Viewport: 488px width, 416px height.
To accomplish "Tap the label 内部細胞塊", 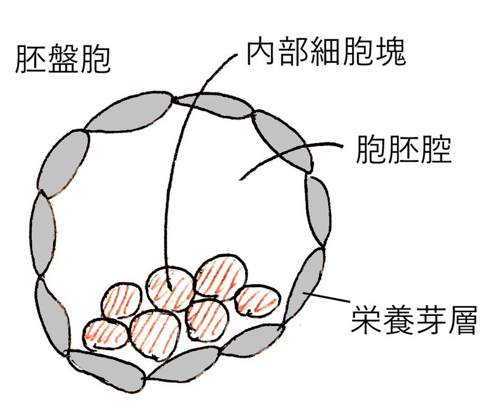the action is click(x=326, y=53).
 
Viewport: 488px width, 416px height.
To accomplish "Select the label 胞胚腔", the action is click(x=404, y=150).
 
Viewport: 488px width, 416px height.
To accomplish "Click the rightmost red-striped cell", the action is click(x=256, y=300).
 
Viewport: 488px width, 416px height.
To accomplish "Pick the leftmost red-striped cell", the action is click(x=105, y=331).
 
